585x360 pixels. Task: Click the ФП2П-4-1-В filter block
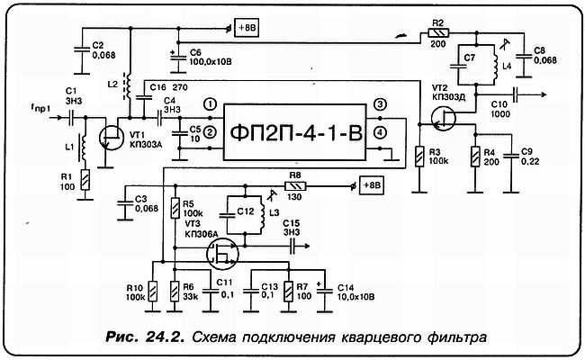[294, 132]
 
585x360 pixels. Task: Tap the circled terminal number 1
[211, 104]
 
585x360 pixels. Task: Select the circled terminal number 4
[380, 133]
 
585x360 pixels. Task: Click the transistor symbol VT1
[112, 138]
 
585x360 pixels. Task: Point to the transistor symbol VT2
[443, 119]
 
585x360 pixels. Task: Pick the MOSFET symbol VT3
[222, 254]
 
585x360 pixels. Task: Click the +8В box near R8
[372, 185]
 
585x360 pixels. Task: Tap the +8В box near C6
[247, 28]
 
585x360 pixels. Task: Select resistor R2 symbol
[439, 33]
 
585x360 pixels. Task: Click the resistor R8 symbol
[295, 185]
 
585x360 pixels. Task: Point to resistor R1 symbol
[85, 179]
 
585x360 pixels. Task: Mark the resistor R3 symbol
[419, 157]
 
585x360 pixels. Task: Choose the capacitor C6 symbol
[178, 58]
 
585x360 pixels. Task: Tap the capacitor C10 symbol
[516, 94]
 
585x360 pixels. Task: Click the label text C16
[157, 87]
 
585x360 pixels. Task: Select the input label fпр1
[40, 109]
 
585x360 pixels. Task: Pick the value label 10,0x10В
[355, 297]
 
